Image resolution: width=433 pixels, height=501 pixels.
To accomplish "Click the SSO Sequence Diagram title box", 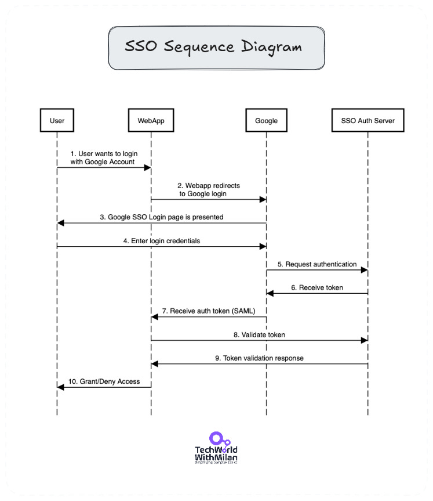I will [216, 48].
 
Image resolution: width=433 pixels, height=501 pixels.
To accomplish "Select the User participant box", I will [57, 121].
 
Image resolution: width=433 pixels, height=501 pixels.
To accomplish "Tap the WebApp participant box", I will [151, 121].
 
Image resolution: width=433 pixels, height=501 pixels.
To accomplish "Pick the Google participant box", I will [266, 121].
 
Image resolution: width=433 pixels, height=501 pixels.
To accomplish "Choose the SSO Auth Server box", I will [367, 121].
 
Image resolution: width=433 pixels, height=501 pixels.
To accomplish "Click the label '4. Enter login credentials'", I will [162, 240].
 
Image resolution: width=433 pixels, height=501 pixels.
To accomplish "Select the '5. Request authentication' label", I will [316, 264].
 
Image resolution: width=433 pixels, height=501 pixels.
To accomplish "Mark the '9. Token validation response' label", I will [259, 358].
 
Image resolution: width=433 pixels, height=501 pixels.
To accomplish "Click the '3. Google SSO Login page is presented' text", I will [162, 217].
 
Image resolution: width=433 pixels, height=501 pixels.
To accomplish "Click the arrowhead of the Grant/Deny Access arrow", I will [60, 387].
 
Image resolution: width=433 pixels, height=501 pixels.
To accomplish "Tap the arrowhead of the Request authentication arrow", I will [364, 270].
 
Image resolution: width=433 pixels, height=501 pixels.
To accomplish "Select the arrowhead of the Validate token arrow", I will [364, 340].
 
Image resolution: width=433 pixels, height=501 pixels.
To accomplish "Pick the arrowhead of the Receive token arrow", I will [270, 293].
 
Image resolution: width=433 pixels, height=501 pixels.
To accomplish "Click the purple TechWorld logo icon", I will [216, 439].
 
